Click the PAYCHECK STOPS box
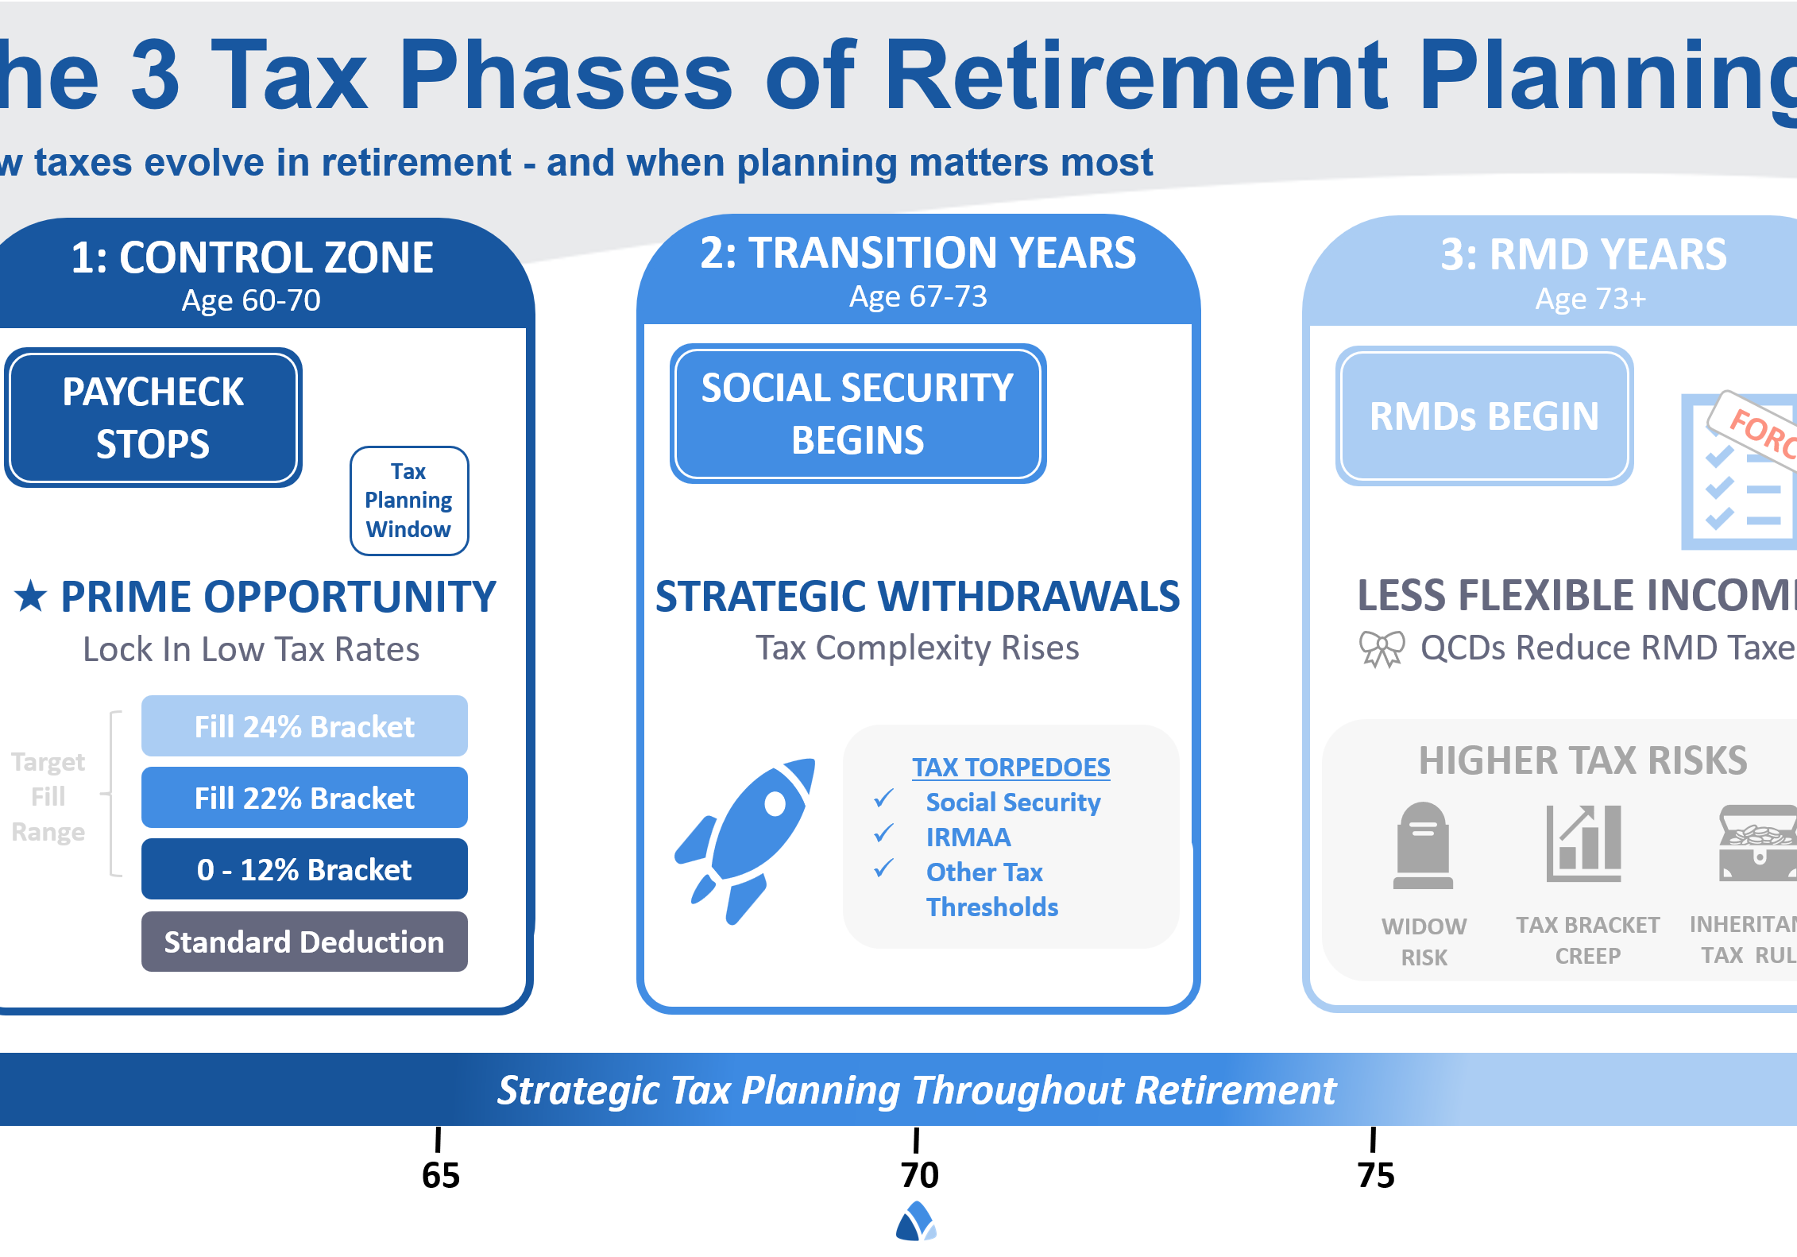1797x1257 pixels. point(153,417)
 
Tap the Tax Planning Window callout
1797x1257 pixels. point(409,501)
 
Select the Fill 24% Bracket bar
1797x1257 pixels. point(304,726)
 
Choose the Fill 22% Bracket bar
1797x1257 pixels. point(304,798)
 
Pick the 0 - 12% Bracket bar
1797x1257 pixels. point(304,869)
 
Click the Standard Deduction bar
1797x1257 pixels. point(304,942)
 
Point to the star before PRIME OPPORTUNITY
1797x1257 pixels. point(31,597)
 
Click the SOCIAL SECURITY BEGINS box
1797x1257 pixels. point(857,413)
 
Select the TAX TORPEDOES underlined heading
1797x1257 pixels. point(1011,767)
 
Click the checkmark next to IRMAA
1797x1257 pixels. point(883,833)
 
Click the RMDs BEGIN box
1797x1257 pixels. point(1484,416)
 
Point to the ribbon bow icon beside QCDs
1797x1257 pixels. point(1382,648)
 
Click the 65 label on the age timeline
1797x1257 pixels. point(440,1174)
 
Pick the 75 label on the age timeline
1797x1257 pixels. point(1376,1174)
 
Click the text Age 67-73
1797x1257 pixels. point(918,296)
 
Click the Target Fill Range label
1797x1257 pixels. point(48,796)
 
